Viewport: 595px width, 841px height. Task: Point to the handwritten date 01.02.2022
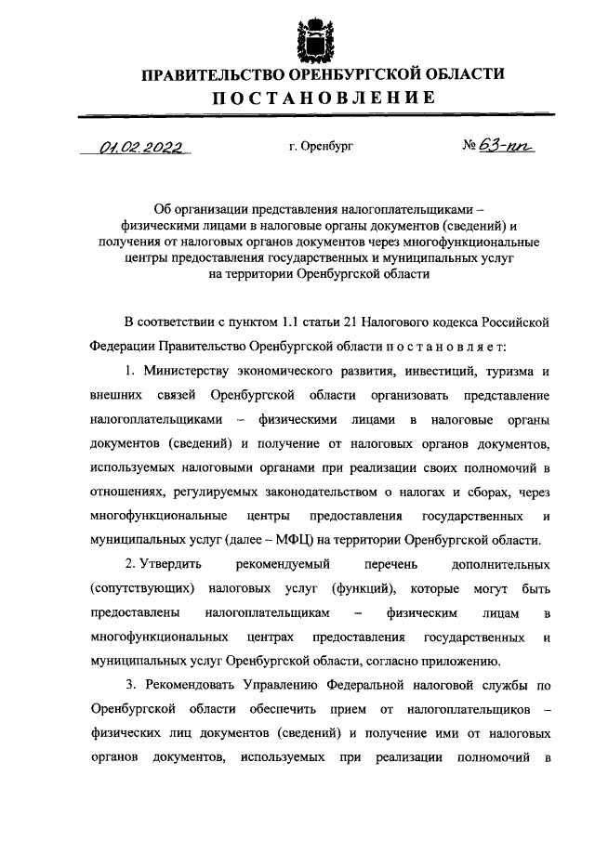click(x=140, y=147)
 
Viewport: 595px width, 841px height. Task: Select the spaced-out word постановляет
click(x=444, y=346)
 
